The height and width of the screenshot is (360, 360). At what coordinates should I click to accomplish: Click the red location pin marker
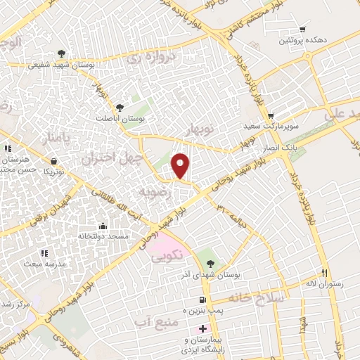pos(181,166)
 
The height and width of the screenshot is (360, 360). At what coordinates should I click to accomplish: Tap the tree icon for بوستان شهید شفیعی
pos(61,53)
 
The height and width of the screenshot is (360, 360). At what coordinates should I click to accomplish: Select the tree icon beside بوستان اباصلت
pos(120,108)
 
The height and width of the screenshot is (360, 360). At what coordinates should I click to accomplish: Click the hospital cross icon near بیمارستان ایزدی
pos(203,328)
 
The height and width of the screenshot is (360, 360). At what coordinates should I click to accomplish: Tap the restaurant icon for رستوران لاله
pos(324,273)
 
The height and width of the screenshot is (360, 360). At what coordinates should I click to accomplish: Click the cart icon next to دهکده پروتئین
pos(302,30)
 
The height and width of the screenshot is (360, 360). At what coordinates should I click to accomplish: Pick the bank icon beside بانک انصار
pos(287,139)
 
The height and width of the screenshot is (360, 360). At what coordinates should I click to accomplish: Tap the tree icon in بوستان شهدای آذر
pos(202,255)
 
